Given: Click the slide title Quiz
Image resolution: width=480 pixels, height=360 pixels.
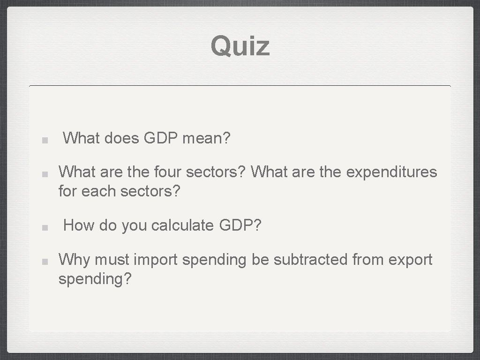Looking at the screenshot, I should (240, 46).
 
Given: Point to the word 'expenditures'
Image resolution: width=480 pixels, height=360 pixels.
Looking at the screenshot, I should (391, 172).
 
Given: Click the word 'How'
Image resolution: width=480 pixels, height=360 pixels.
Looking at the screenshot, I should (78, 225).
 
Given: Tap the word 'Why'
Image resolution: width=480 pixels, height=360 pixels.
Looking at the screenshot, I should (71, 259).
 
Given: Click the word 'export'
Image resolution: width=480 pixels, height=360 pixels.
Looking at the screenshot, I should (411, 260).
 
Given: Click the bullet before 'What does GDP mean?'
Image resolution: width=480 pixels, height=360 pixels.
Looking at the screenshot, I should (43, 140).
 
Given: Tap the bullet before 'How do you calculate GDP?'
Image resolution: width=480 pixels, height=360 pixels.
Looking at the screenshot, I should (43, 227).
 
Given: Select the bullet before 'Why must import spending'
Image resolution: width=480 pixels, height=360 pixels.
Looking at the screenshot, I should (43, 261).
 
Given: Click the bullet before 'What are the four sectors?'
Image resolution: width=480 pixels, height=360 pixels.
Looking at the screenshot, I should (43, 173).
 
